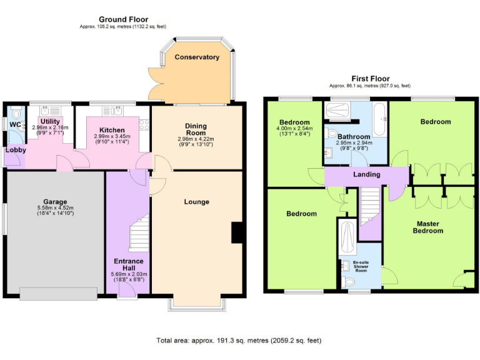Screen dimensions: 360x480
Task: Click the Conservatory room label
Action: click(x=197, y=57)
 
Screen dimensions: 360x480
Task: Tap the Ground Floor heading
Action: click(x=123, y=19)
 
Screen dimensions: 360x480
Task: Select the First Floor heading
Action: click(x=370, y=79)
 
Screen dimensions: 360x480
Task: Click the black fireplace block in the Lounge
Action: click(x=237, y=232)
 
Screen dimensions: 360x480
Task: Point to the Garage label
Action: click(x=55, y=202)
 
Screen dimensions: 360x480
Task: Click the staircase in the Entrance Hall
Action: click(x=139, y=238)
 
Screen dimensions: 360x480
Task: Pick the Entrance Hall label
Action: click(x=129, y=265)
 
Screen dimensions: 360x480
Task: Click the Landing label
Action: click(x=367, y=174)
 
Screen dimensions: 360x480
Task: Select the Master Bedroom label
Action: click(x=427, y=227)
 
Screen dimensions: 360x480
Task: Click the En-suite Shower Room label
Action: click(x=360, y=267)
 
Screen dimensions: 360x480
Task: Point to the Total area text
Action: click(x=239, y=341)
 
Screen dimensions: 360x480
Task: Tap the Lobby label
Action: click(x=16, y=150)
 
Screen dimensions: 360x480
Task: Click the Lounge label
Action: click(x=196, y=202)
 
